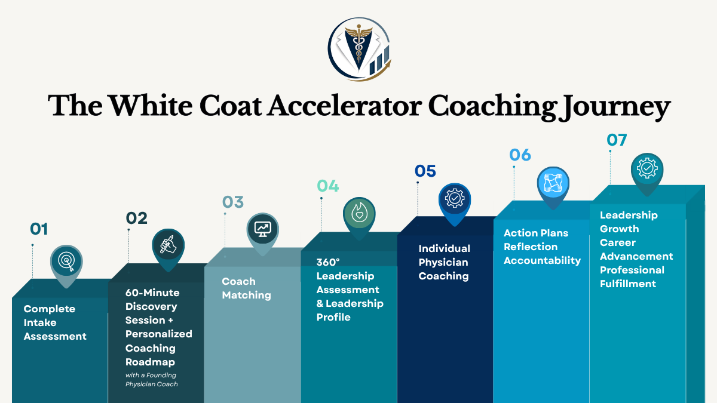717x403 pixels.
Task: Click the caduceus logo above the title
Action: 359,49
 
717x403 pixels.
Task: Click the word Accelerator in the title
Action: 344,106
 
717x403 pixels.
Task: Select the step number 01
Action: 39,229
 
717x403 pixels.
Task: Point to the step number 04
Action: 328,186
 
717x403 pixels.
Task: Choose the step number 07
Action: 617,140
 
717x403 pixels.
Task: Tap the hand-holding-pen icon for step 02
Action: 168,245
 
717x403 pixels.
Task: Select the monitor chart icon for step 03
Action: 263,229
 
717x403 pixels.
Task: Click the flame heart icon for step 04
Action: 359,213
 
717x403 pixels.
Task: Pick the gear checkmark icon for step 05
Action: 455,199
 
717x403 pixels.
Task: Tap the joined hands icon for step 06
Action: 553,183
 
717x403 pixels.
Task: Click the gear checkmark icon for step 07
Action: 647,168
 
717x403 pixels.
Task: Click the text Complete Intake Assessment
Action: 55,322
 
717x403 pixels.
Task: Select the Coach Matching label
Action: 246,288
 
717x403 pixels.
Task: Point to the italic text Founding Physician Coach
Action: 151,380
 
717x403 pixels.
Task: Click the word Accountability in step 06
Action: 543,261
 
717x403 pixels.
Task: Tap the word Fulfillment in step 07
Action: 628,284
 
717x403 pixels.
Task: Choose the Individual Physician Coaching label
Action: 445,262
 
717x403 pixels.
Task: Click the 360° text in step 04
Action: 328,262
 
